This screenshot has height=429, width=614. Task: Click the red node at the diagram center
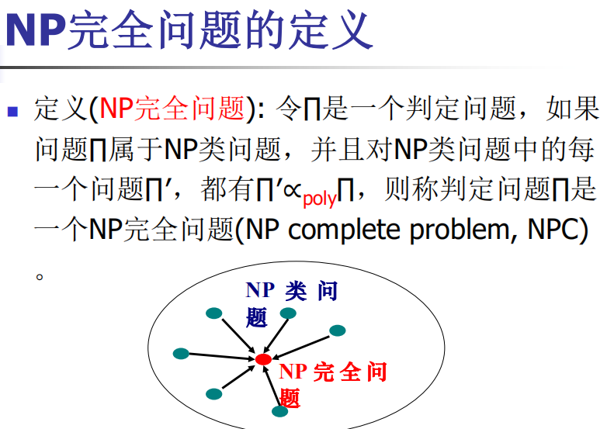(x=264, y=359)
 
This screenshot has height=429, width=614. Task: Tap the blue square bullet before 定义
(x=12, y=112)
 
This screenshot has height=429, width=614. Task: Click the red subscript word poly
(x=320, y=199)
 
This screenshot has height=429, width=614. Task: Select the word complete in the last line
(x=344, y=230)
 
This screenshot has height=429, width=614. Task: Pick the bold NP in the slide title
(x=35, y=30)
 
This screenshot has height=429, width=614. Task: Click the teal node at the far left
(x=181, y=354)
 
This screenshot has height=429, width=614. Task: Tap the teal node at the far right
(x=337, y=330)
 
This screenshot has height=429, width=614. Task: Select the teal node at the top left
(x=213, y=313)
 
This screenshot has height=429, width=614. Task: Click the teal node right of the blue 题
(x=288, y=313)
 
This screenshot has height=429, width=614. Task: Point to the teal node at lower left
(x=213, y=394)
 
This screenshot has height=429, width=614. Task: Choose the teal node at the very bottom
(x=279, y=411)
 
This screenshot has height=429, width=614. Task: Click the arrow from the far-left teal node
(x=222, y=356)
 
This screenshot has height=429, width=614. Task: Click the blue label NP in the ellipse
(x=260, y=290)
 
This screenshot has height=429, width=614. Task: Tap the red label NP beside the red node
(x=293, y=372)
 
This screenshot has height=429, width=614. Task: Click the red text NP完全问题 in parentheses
(x=172, y=109)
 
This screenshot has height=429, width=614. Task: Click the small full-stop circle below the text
(x=39, y=277)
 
